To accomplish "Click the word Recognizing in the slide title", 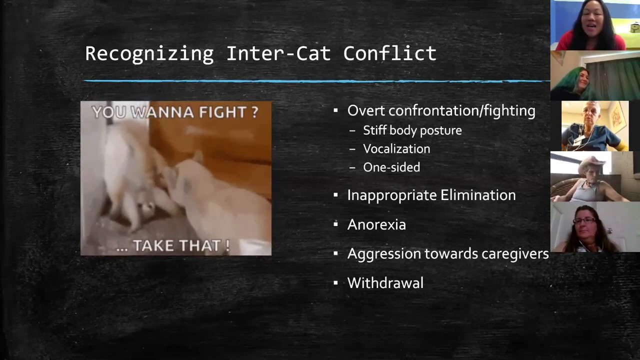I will [149, 53].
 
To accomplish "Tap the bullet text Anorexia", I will [376, 224].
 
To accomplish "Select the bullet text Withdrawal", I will [385, 283].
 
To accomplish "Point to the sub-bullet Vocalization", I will [396, 149].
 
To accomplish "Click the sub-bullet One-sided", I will [391, 167].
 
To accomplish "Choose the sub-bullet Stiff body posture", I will [412, 130].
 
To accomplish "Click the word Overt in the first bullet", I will [366, 110].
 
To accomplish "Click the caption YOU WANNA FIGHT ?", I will [175, 112].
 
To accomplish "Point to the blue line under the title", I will [315, 80].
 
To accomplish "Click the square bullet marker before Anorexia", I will [336, 224].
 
